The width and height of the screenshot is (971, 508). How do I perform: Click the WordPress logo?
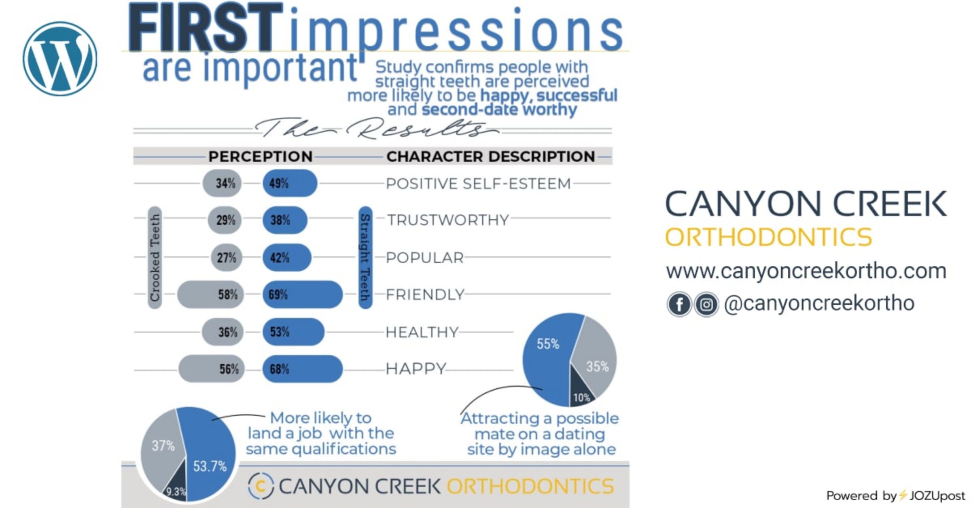tap(60, 59)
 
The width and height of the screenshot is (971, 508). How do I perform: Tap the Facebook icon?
tap(679, 304)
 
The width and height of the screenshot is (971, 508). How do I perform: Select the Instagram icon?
tap(706, 304)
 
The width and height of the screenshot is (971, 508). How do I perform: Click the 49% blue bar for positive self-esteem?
tap(290, 183)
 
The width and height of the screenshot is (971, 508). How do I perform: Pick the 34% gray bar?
tap(222, 183)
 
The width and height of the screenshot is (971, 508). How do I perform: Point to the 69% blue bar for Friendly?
tap(303, 294)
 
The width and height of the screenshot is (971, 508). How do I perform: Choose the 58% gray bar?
tap(210, 294)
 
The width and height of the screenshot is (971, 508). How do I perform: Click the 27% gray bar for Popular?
tap(227, 258)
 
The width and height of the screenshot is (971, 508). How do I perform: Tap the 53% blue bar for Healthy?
tap(293, 332)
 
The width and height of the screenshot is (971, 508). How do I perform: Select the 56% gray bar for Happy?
tap(212, 369)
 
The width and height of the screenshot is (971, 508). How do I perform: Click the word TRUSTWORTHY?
tap(448, 220)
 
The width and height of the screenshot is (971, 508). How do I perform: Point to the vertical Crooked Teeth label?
tap(155, 258)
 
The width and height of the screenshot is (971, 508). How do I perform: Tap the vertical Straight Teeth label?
tap(365, 258)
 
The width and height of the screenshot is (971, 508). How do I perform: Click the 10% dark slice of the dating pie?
tap(581, 392)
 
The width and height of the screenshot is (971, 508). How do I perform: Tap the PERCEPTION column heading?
tap(261, 157)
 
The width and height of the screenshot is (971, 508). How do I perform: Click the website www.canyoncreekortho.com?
tap(806, 271)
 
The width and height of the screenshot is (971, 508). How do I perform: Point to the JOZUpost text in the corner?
tap(937, 496)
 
